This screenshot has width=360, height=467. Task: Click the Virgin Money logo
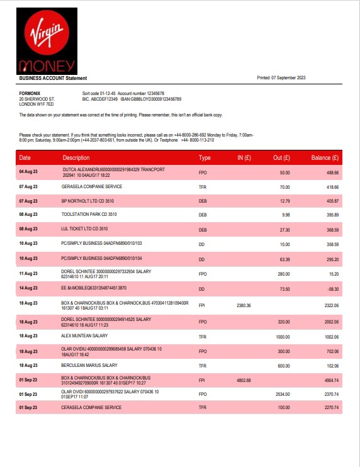coord(48,40)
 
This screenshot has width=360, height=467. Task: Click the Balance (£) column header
coord(325,157)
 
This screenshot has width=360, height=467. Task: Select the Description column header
coord(76,157)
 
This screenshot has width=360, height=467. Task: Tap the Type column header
coord(205,157)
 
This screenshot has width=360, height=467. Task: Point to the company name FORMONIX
coord(31,93)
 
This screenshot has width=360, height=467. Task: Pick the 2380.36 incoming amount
coord(244,305)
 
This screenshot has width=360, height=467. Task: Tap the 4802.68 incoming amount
coord(244,380)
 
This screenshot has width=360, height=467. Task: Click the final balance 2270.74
coord(331,408)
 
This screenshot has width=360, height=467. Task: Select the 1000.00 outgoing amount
coord(283,337)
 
